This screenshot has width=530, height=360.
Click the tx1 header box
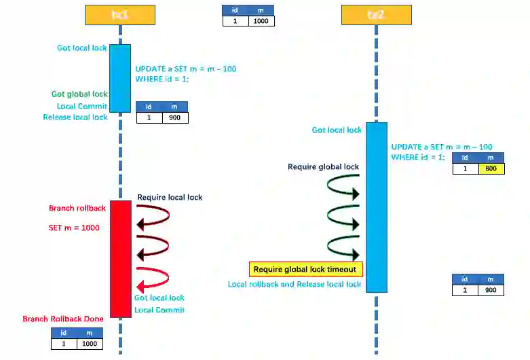(120, 14)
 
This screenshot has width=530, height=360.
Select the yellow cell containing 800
(491, 168)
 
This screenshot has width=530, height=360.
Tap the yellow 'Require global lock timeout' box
(305, 269)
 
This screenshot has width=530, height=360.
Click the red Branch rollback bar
(120, 258)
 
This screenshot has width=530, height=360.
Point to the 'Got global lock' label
(79, 94)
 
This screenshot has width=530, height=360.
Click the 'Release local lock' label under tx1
(75, 117)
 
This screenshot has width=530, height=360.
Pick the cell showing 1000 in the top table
(261, 21)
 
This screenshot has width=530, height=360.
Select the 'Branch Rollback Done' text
(63, 319)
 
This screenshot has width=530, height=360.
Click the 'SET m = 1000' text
(74, 228)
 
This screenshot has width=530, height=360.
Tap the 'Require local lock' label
(170, 197)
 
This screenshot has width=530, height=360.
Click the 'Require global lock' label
(323, 166)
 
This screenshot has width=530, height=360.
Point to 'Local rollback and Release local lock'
(295, 284)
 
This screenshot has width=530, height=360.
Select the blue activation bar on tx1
(120, 77)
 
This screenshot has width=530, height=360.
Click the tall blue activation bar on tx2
(377, 207)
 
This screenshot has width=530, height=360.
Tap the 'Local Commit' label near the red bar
(159, 310)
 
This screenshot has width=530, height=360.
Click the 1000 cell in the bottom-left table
(89, 344)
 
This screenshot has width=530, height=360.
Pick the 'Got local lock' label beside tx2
(337, 130)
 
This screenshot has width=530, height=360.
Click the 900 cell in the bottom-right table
(491, 290)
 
